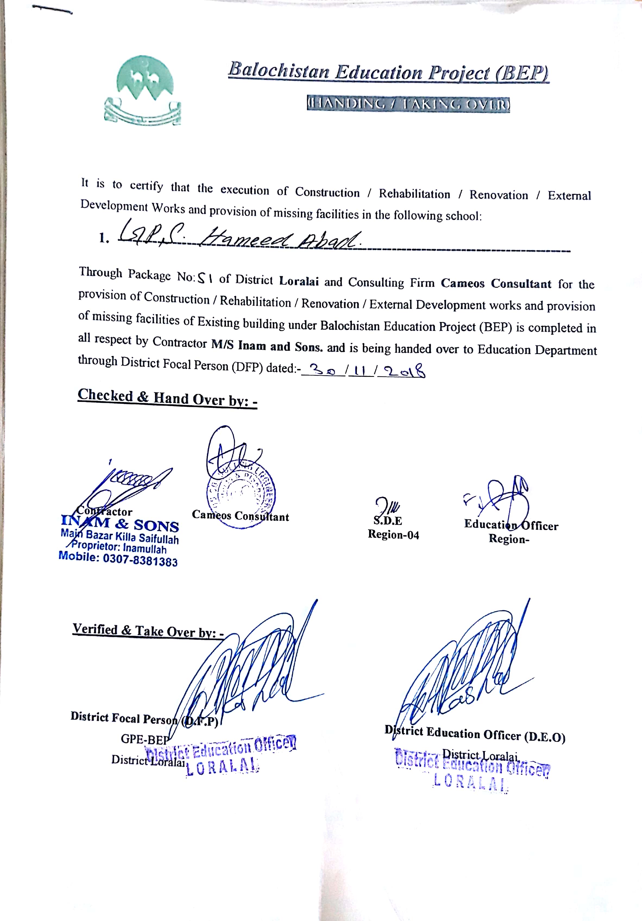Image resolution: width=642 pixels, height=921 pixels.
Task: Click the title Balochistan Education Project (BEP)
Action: pos(388,72)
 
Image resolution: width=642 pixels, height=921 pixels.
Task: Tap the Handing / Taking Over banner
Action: pos(408,105)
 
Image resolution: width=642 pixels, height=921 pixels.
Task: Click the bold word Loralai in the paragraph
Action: pos(299,281)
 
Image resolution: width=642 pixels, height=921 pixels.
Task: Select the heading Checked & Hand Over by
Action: pos(167,398)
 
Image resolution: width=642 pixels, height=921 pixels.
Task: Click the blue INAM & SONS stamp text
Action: pos(120,524)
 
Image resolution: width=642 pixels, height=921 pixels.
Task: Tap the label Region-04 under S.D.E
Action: pos(393,535)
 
